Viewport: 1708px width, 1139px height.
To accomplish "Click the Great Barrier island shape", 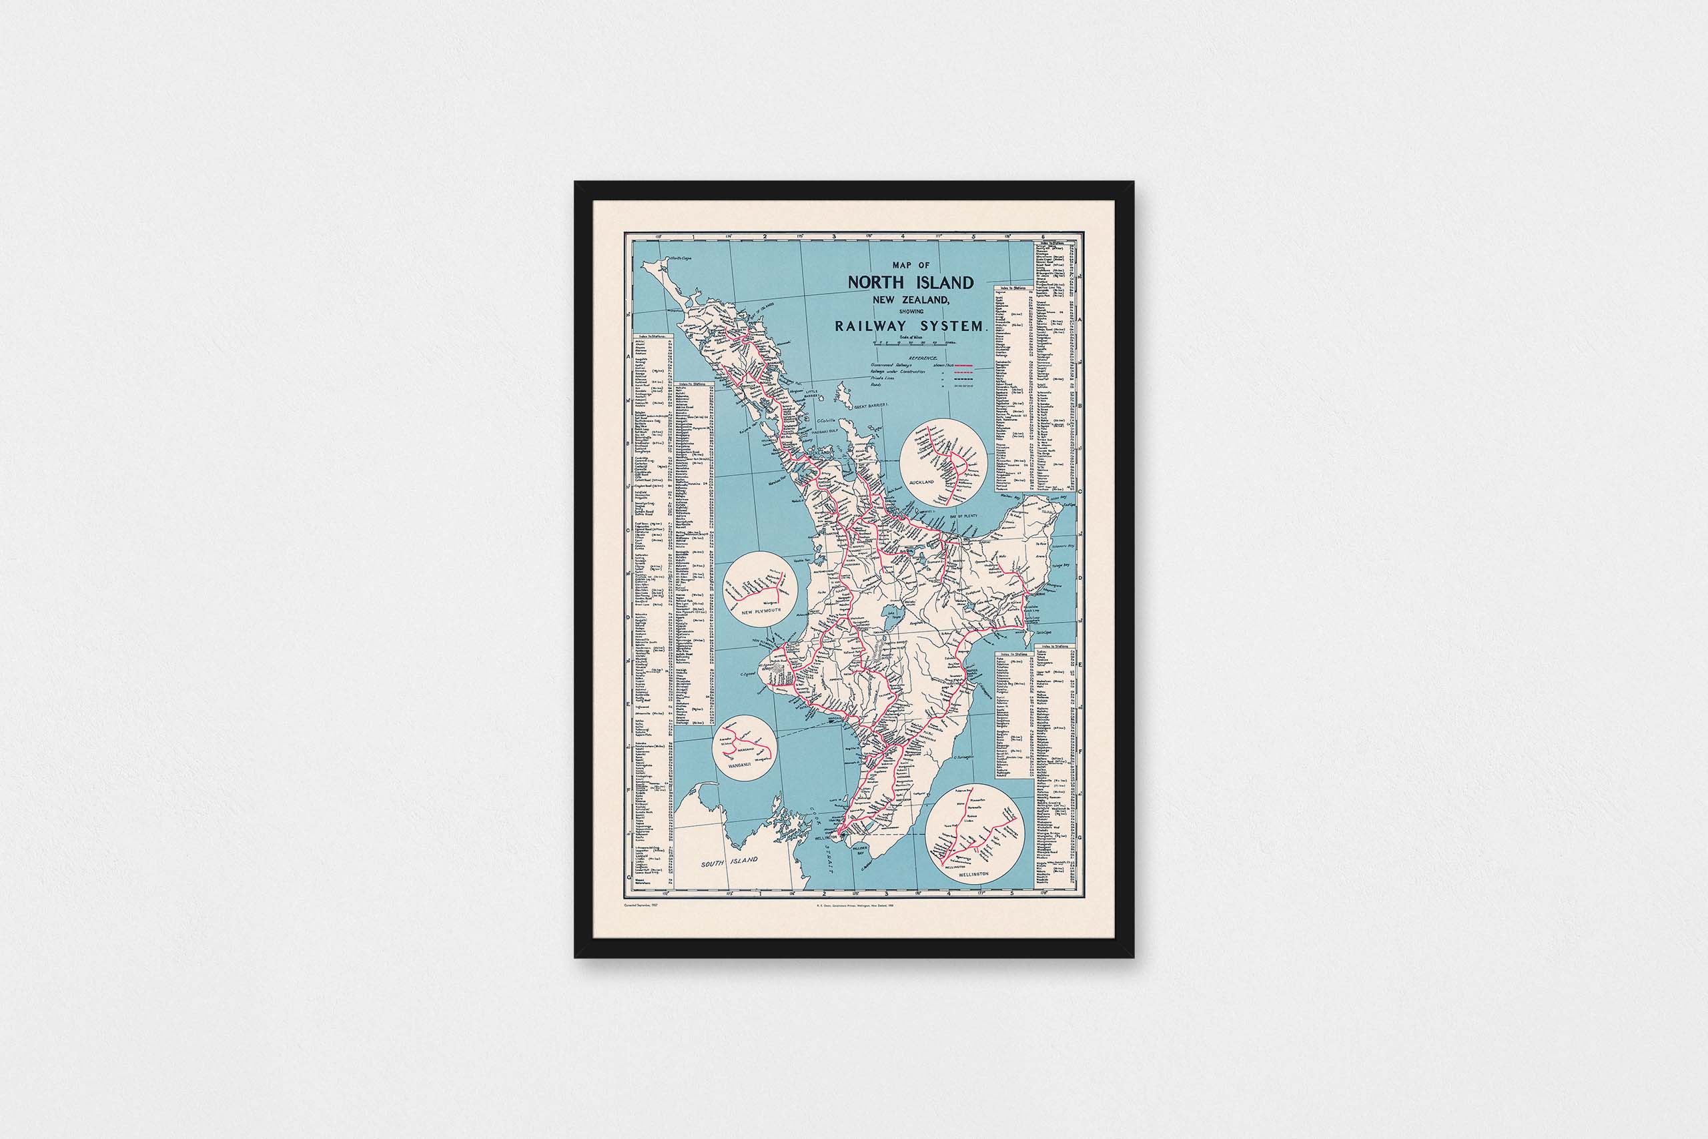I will click(x=845, y=395).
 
